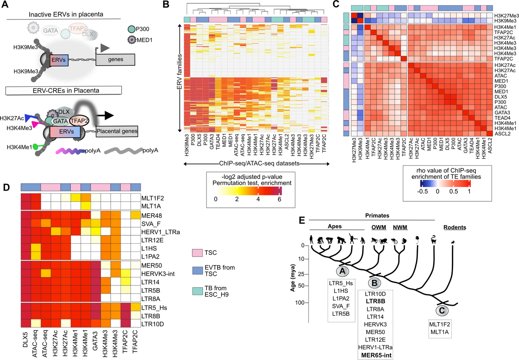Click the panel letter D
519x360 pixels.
pos(6,187)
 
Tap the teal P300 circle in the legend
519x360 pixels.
pos(131,29)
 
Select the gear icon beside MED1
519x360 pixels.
pos(131,40)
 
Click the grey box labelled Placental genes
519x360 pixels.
pos(117,131)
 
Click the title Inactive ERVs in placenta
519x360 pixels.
pos(66,14)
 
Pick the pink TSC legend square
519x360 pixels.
pos(197,253)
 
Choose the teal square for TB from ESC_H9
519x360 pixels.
pos(197,291)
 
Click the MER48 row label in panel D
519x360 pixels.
pos(152,216)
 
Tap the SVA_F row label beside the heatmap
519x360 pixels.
pos(151,224)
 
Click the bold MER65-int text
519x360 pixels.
pos(376,355)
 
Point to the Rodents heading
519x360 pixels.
pos(455,227)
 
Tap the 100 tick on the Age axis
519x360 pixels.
pos(300,303)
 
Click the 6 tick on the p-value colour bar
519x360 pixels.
pos(279,199)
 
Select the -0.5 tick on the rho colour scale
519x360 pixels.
pos(422,191)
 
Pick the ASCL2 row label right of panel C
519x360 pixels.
pos(503,134)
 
